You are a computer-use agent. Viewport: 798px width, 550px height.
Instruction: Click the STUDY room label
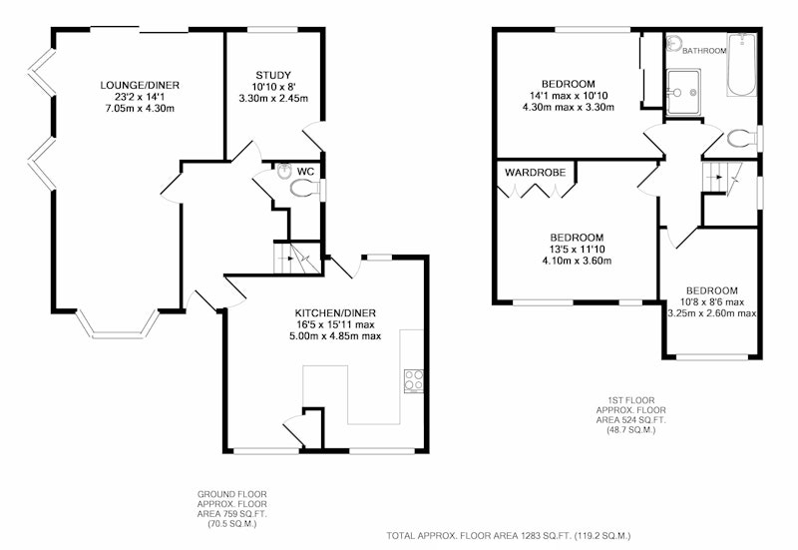coord(273,76)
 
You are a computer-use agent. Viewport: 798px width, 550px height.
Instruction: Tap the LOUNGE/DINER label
coord(140,85)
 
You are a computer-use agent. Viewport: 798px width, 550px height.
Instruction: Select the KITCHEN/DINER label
coord(335,312)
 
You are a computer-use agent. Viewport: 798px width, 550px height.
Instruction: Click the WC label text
coord(305,171)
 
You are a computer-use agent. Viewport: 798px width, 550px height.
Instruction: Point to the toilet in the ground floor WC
coord(305,188)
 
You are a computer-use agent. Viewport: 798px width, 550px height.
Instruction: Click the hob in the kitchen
coord(414,381)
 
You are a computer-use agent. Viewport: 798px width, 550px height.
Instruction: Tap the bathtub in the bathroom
coord(742,65)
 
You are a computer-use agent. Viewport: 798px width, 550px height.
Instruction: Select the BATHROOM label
coord(704,51)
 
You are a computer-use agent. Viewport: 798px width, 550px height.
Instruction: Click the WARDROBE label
coord(535,173)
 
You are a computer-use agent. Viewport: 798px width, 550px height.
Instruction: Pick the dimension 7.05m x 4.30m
coord(140,108)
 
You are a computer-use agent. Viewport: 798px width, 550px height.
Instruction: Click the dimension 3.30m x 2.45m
coord(273,98)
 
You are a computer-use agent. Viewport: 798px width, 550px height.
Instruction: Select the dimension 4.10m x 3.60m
coord(578,261)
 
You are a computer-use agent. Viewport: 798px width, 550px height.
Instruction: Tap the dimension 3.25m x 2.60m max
coord(712,313)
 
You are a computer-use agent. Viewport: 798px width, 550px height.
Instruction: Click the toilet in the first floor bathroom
coord(743,138)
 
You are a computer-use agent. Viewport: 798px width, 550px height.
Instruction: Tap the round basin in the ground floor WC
coord(284,172)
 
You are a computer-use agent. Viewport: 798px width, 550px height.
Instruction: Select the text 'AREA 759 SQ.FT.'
coord(231,513)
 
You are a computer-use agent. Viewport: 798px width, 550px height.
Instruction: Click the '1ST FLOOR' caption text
coord(631,400)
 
